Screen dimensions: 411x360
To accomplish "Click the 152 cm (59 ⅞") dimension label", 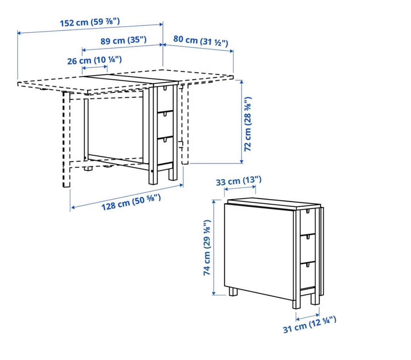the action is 90,22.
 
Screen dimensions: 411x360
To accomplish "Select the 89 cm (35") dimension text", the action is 123,40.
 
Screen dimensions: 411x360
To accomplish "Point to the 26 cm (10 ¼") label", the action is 94,60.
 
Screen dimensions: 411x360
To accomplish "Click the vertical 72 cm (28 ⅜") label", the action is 248,124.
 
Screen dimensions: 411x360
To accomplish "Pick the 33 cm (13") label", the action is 239,181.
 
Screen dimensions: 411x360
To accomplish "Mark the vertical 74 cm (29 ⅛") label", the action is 207,248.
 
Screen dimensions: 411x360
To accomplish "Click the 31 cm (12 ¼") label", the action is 310,327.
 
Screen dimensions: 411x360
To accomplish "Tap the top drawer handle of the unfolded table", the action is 165,88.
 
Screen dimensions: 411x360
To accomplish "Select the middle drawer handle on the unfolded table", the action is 165,114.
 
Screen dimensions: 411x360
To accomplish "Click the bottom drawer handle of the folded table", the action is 307,265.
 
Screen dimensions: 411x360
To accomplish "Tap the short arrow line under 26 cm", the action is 95,68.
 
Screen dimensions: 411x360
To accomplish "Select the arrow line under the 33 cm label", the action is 240,188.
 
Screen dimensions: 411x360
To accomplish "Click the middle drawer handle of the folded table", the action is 307,238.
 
